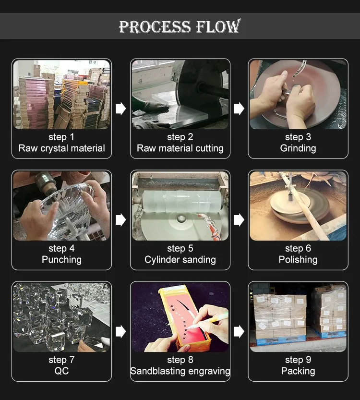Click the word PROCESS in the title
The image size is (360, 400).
pyautogui.click(x=155, y=26)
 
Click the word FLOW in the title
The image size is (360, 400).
pyautogui.click(x=218, y=26)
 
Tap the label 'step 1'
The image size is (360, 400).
pyautogui.click(x=61, y=137)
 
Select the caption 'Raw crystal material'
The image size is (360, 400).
pyautogui.click(x=62, y=148)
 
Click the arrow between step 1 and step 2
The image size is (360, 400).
pyautogui.click(x=120, y=109)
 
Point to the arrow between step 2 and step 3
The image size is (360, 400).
pyautogui.click(x=239, y=109)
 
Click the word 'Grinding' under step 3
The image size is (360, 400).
pyautogui.click(x=298, y=148)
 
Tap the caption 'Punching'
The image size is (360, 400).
pyautogui.click(x=62, y=260)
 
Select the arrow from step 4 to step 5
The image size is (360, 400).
pyautogui.click(x=120, y=220)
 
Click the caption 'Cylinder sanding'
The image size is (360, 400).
pyautogui.click(x=180, y=260)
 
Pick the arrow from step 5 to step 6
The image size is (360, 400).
pyautogui.click(x=239, y=220)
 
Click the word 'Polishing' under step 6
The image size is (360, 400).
pyautogui.click(x=298, y=260)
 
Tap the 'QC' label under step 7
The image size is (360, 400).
pyautogui.click(x=62, y=371)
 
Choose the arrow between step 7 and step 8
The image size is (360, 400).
pyautogui.click(x=120, y=332)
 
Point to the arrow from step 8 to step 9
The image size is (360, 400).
pyautogui.click(x=239, y=332)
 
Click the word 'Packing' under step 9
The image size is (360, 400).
pyautogui.click(x=298, y=371)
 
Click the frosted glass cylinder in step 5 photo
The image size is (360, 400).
pyautogui.click(x=182, y=201)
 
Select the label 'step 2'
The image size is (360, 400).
pyautogui.click(x=180, y=137)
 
